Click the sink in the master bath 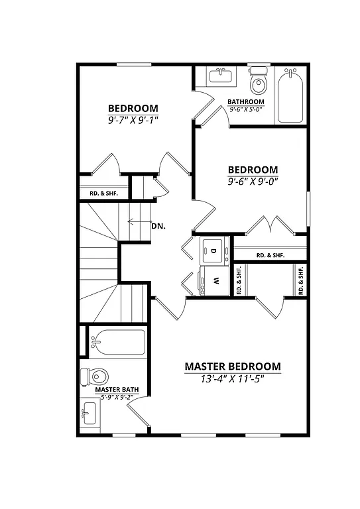(89, 416)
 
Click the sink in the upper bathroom (219, 76)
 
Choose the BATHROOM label (246, 102)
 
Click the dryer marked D (214, 251)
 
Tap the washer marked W (214, 280)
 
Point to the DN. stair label (158, 226)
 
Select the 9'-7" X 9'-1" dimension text (133, 120)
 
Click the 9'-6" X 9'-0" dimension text (253, 181)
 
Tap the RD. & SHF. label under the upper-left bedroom (103, 194)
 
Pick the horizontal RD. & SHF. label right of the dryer (270, 255)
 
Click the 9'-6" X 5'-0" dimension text (246, 109)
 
